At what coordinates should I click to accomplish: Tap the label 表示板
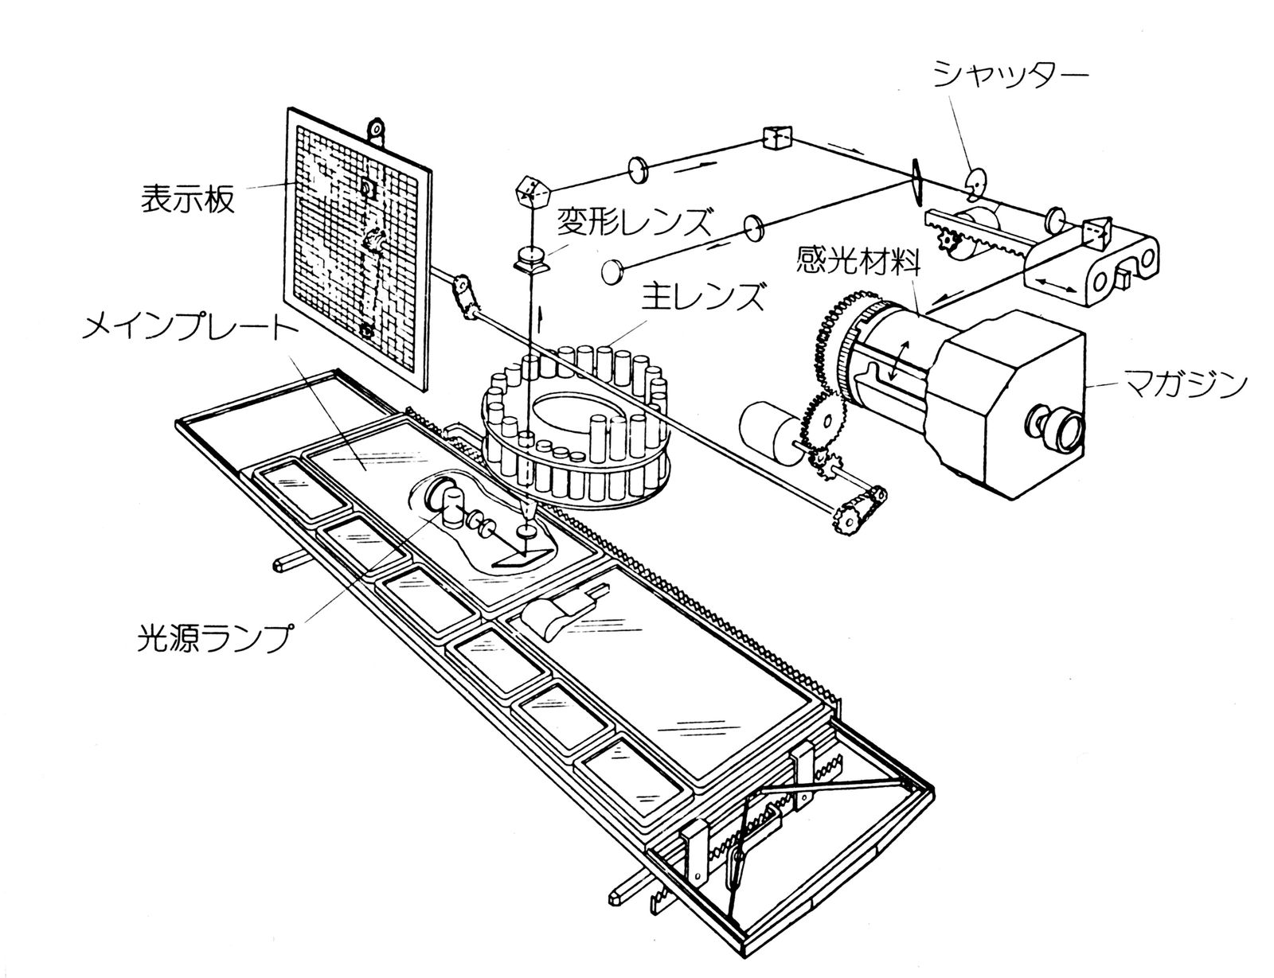[188, 199]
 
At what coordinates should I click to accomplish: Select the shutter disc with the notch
[975, 185]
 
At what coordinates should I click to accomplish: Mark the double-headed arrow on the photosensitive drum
[898, 361]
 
